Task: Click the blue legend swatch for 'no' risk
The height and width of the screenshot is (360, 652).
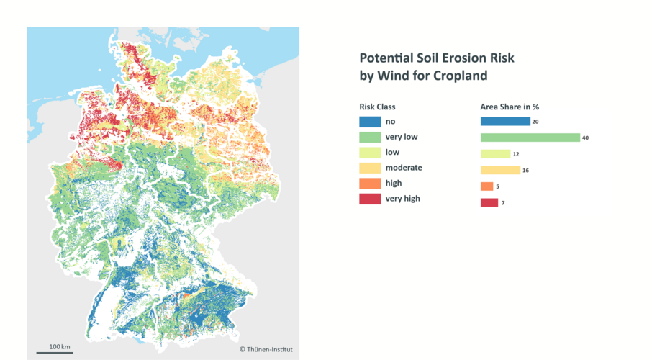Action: pyautogui.click(x=370, y=122)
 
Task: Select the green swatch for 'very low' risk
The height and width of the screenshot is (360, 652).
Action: pyautogui.click(x=370, y=137)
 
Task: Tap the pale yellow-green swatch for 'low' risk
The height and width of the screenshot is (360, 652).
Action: pyautogui.click(x=370, y=153)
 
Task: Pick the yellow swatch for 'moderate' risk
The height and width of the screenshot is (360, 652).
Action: pyautogui.click(x=370, y=168)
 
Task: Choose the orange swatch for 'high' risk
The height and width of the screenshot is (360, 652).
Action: pyautogui.click(x=370, y=184)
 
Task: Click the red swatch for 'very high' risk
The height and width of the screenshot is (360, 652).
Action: pyautogui.click(x=370, y=199)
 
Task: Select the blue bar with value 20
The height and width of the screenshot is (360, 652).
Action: pyautogui.click(x=505, y=122)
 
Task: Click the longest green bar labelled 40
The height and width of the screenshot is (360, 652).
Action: pyautogui.click(x=530, y=138)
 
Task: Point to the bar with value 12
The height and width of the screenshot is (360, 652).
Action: pyautogui.click(x=495, y=154)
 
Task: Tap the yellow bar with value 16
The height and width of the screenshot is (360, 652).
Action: pyautogui.click(x=500, y=170)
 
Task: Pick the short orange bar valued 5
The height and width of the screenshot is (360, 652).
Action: pyautogui.click(x=487, y=186)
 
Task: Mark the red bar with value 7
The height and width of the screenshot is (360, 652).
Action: pyautogui.click(x=489, y=202)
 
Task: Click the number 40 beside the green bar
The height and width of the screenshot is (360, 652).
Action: pyautogui.click(x=586, y=138)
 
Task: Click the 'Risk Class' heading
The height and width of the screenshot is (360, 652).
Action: pyautogui.click(x=378, y=107)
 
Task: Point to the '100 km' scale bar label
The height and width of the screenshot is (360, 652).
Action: pyautogui.click(x=60, y=347)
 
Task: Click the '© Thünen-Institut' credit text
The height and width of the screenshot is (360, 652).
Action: pyautogui.click(x=266, y=350)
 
